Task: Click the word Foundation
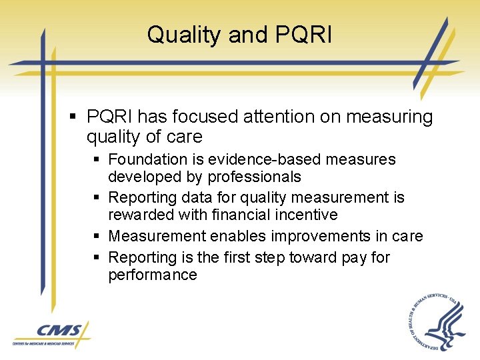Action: [x=148, y=159]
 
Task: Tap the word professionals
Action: [x=254, y=177]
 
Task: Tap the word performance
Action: [x=153, y=275]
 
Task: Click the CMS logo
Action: [x=51, y=333]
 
